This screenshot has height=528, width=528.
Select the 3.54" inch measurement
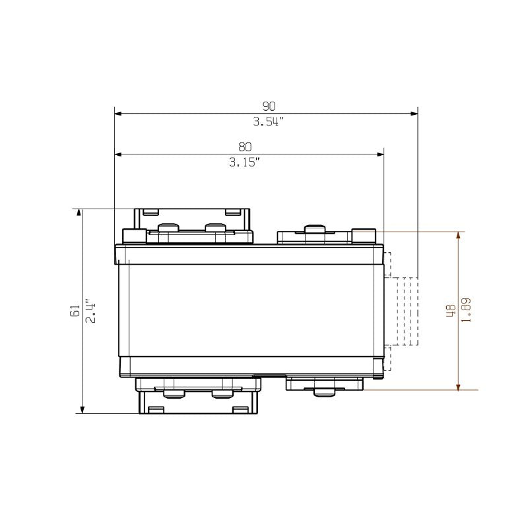click(x=268, y=122)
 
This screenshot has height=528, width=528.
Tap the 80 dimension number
click(x=245, y=147)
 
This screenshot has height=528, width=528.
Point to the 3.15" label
click(x=245, y=163)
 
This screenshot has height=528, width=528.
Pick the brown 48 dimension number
click(x=450, y=311)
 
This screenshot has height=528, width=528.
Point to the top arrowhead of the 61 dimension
click(x=81, y=213)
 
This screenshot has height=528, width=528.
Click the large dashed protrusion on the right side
click(x=407, y=311)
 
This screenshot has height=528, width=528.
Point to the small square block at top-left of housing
click(x=134, y=236)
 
